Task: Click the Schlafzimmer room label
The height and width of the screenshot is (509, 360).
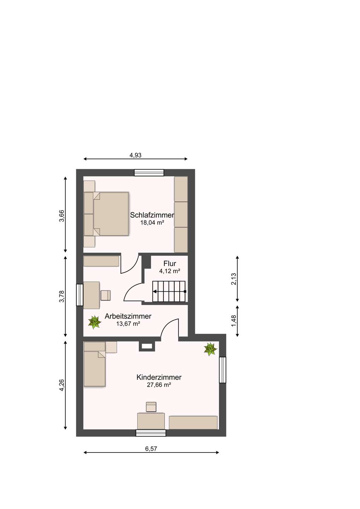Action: [x=152, y=215]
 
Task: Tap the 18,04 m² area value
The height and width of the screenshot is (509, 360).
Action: [x=152, y=223]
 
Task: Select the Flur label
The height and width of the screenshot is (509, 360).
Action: [x=170, y=264]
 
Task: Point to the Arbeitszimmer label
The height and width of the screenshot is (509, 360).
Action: [x=128, y=316]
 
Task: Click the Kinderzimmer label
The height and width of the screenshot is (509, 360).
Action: [x=159, y=378]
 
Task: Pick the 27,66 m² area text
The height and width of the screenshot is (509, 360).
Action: [x=159, y=385]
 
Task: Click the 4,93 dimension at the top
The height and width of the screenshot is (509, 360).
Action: [x=135, y=155]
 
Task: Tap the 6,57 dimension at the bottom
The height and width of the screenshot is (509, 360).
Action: [x=151, y=449]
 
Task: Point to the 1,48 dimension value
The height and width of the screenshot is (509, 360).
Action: [x=233, y=321]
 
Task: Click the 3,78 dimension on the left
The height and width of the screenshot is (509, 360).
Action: [x=62, y=296]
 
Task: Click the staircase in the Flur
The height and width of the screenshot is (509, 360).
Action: [x=169, y=292]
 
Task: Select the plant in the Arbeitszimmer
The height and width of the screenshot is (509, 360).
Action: [x=94, y=322]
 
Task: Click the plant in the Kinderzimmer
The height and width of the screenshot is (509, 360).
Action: [x=210, y=349]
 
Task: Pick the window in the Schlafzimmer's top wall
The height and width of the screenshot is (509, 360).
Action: [x=149, y=172]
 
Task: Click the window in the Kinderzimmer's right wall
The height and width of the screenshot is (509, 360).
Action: [x=222, y=370]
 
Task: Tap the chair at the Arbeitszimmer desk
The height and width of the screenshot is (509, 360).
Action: [x=106, y=295]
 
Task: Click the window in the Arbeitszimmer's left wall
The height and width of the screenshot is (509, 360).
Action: [x=80, y=295]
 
